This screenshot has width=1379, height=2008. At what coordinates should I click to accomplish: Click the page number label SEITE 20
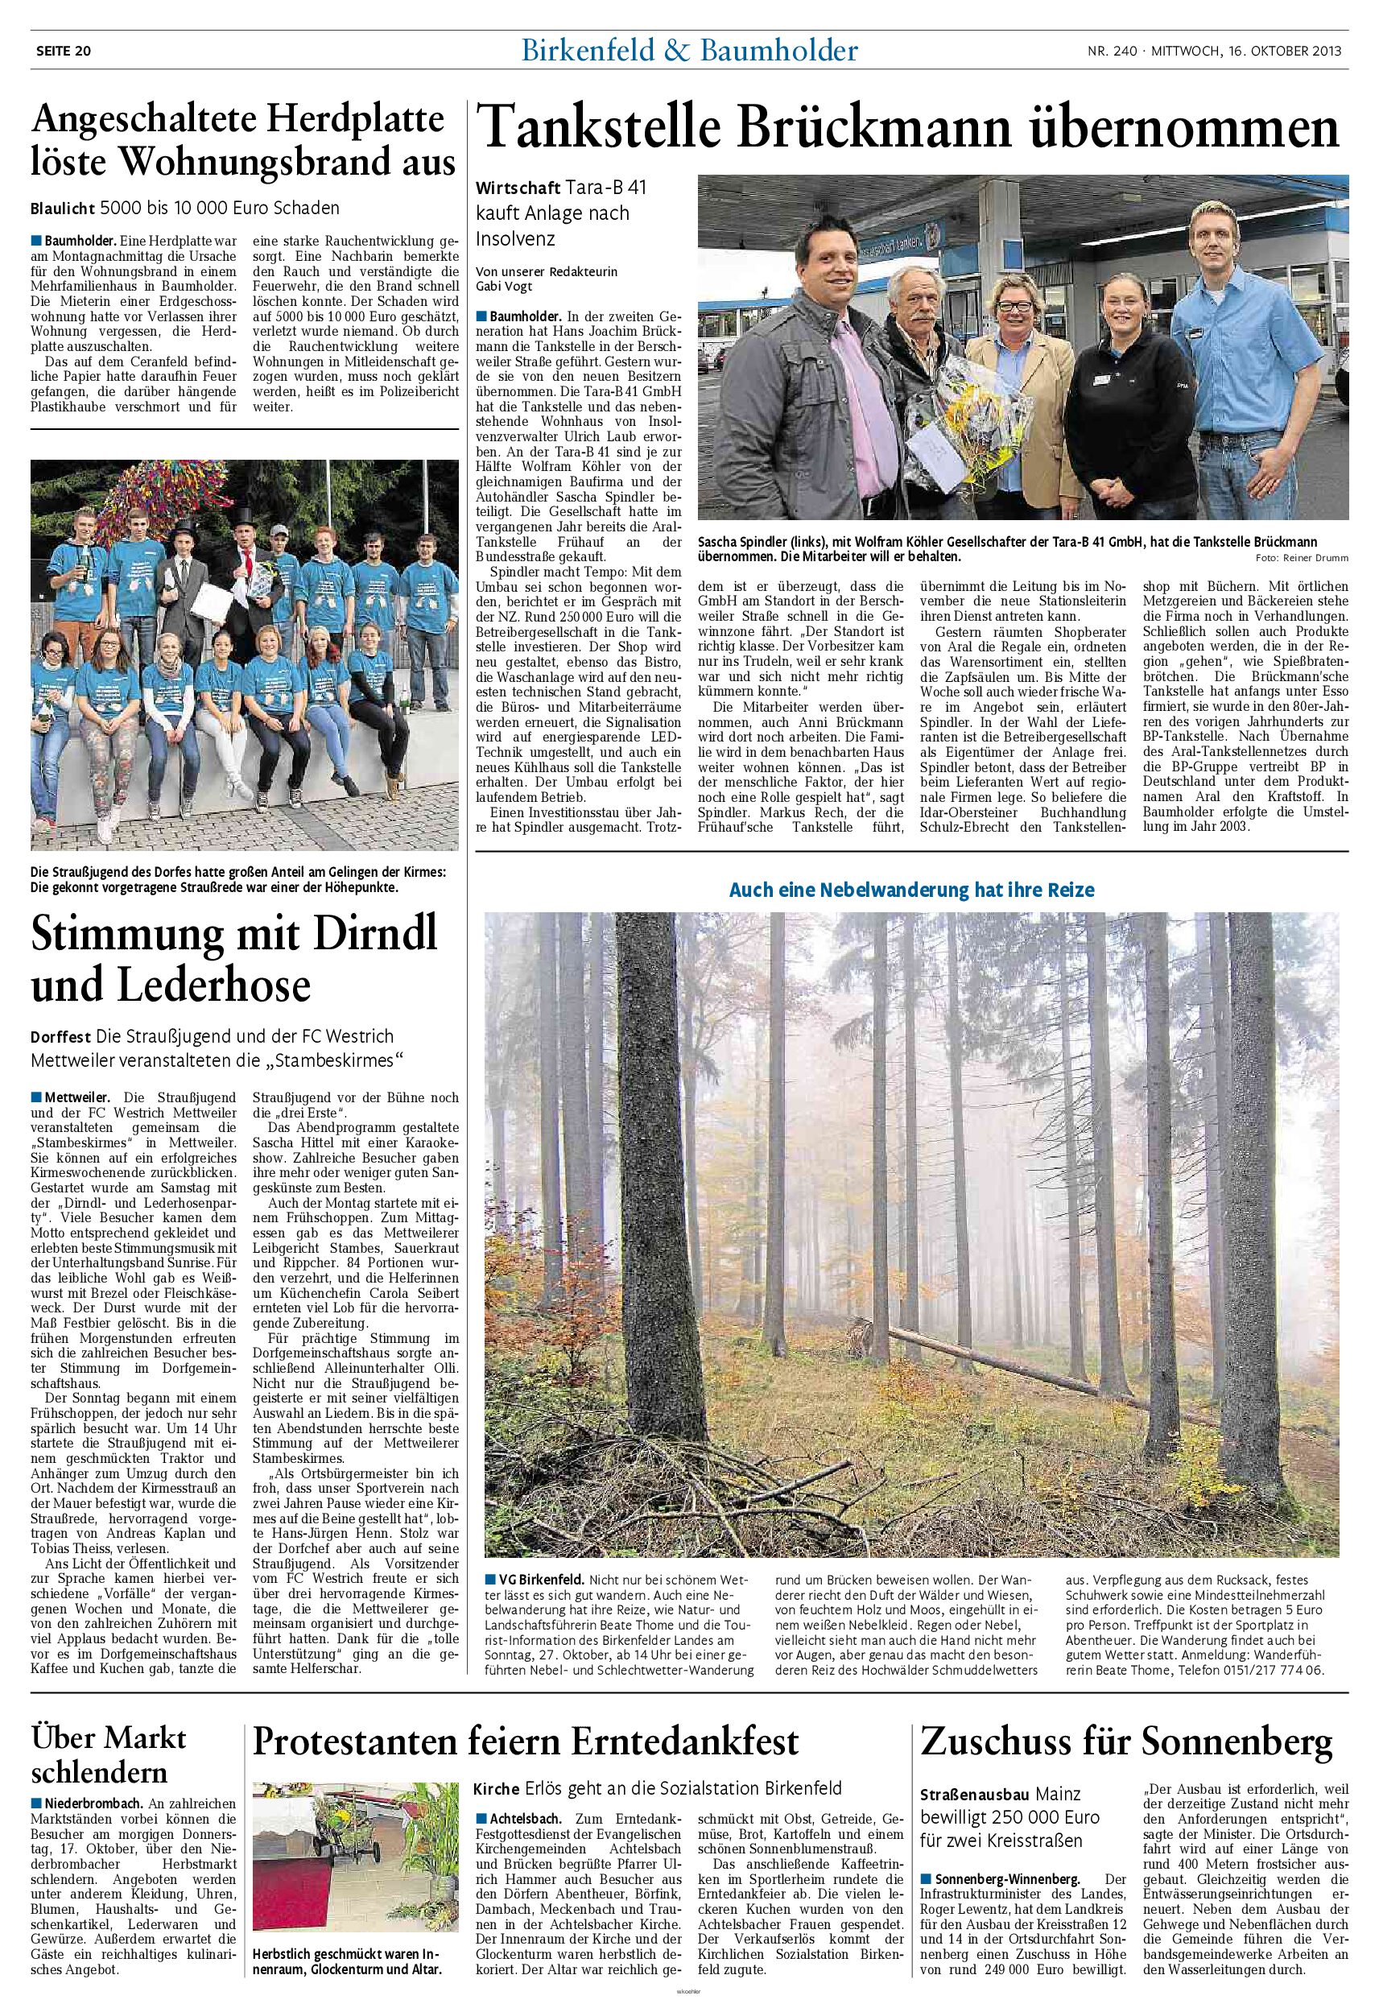[x=61, y=50]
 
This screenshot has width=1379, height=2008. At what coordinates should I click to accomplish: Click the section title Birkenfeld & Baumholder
[x=688, y=51]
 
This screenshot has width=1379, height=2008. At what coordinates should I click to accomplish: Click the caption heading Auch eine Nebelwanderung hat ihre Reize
[x=911, y=889]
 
